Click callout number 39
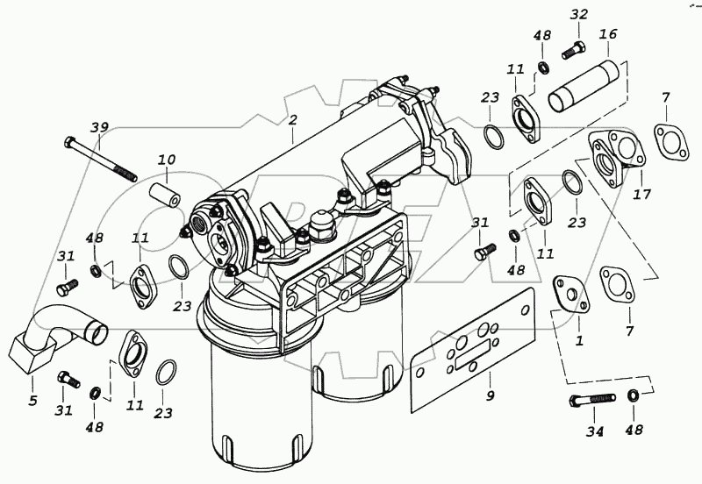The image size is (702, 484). coord(100,129)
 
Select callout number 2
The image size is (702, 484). coord(293,119)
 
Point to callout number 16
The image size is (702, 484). coord(608,34)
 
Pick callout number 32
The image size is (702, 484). coord(578,14)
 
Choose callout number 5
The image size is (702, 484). coord(32,401)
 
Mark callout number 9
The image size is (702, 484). coord(491,395)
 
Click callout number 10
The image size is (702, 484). coord(167,160)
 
